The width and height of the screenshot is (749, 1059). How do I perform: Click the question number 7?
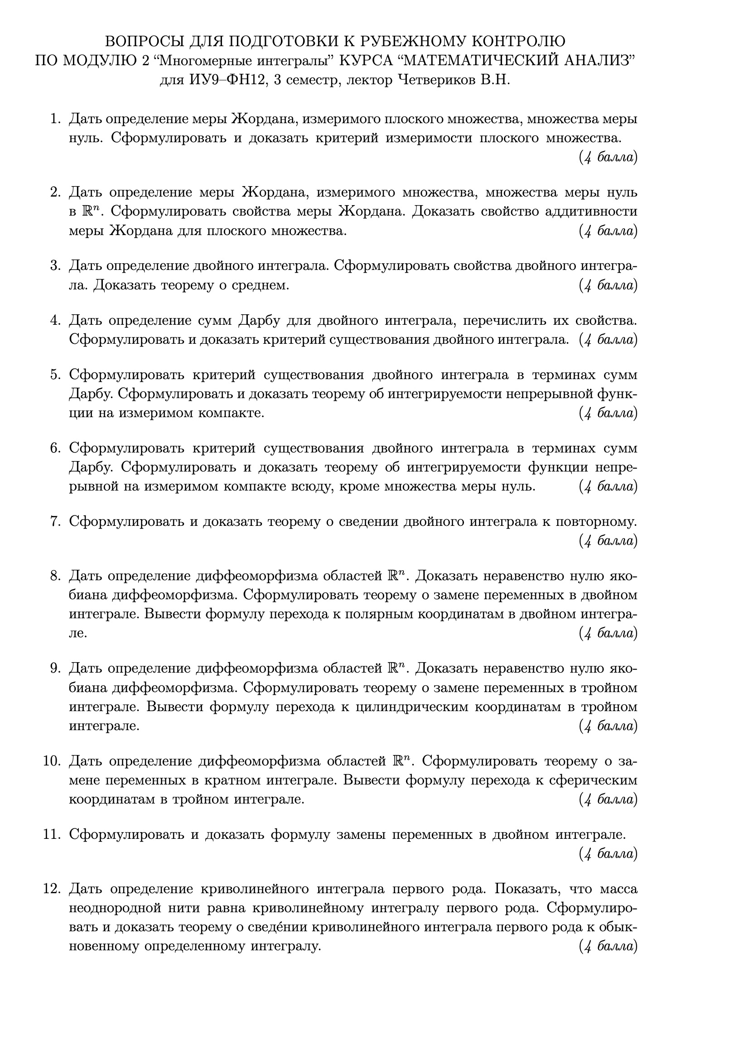(x=55, y=521)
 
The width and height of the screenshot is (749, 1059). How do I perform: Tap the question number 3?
(x=55, y=266)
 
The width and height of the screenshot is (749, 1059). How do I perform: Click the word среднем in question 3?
(x=261, y=285)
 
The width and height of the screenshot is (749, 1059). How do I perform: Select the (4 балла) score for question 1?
(x=608, y=158)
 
